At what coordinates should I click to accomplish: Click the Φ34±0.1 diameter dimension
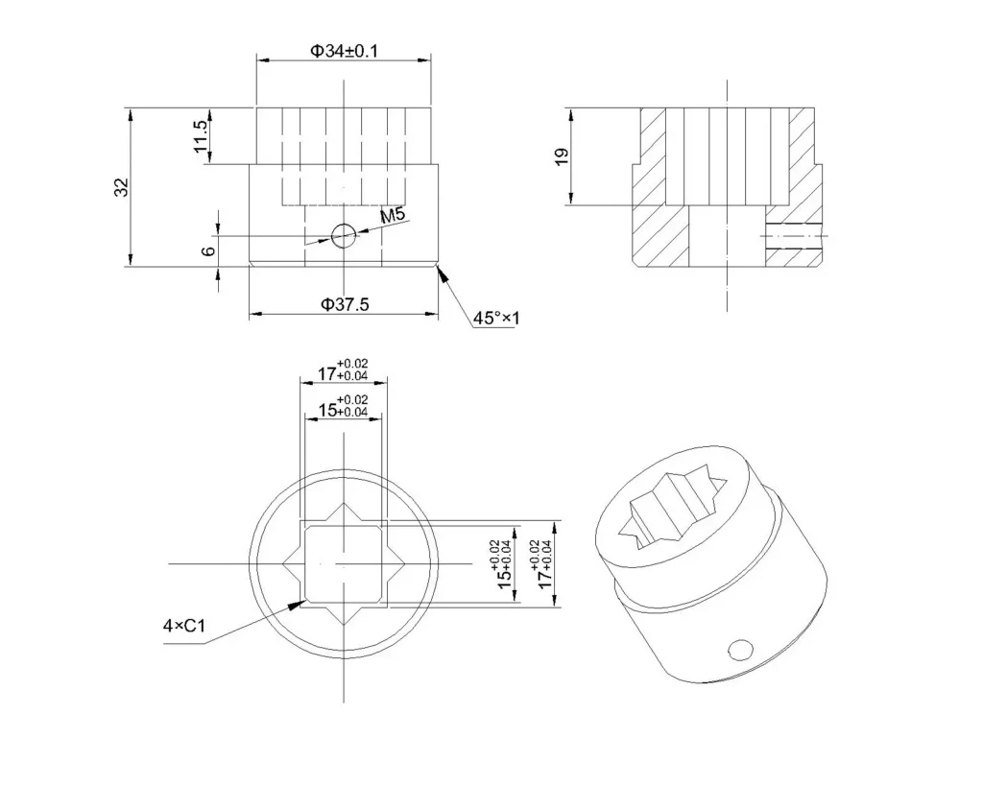(345, 51)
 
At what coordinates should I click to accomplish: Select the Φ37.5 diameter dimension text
(345, 304)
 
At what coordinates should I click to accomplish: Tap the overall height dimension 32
(121, 187)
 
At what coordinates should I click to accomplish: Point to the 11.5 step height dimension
(201, 136)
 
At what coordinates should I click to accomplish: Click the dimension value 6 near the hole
(208, 251)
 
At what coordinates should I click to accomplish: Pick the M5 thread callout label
(393, 215)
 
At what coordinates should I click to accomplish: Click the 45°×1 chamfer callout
(496, 319)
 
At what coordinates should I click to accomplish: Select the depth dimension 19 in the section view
(562, 156)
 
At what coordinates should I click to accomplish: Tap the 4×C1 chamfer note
(184, 626)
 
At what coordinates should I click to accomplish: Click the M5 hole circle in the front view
(344, 236)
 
